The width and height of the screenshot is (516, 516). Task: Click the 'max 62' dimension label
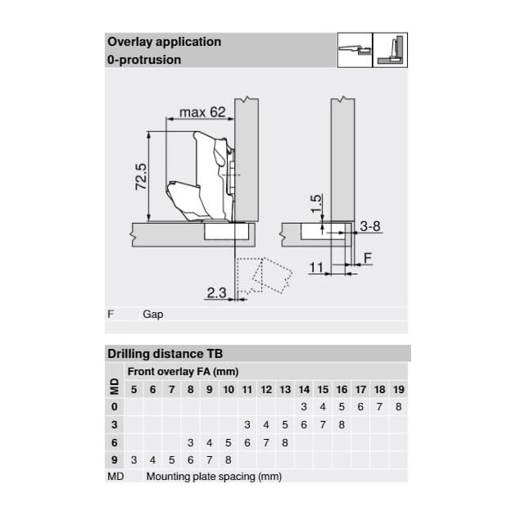point(202,112)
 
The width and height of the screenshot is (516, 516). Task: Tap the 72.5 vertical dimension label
point(141,176)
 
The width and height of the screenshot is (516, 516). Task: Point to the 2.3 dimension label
point(216,292)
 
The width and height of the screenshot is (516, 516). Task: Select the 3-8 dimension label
point(370,226)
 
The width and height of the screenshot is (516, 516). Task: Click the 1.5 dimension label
point(315,204)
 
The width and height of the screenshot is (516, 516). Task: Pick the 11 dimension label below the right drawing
point(316,267)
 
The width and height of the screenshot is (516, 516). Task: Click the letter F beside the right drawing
point(368,258)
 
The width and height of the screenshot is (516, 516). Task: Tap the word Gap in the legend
point(152,315)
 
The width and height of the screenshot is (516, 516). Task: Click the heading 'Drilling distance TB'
point(165,354)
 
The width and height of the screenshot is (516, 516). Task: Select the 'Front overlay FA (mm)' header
point(183,372)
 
